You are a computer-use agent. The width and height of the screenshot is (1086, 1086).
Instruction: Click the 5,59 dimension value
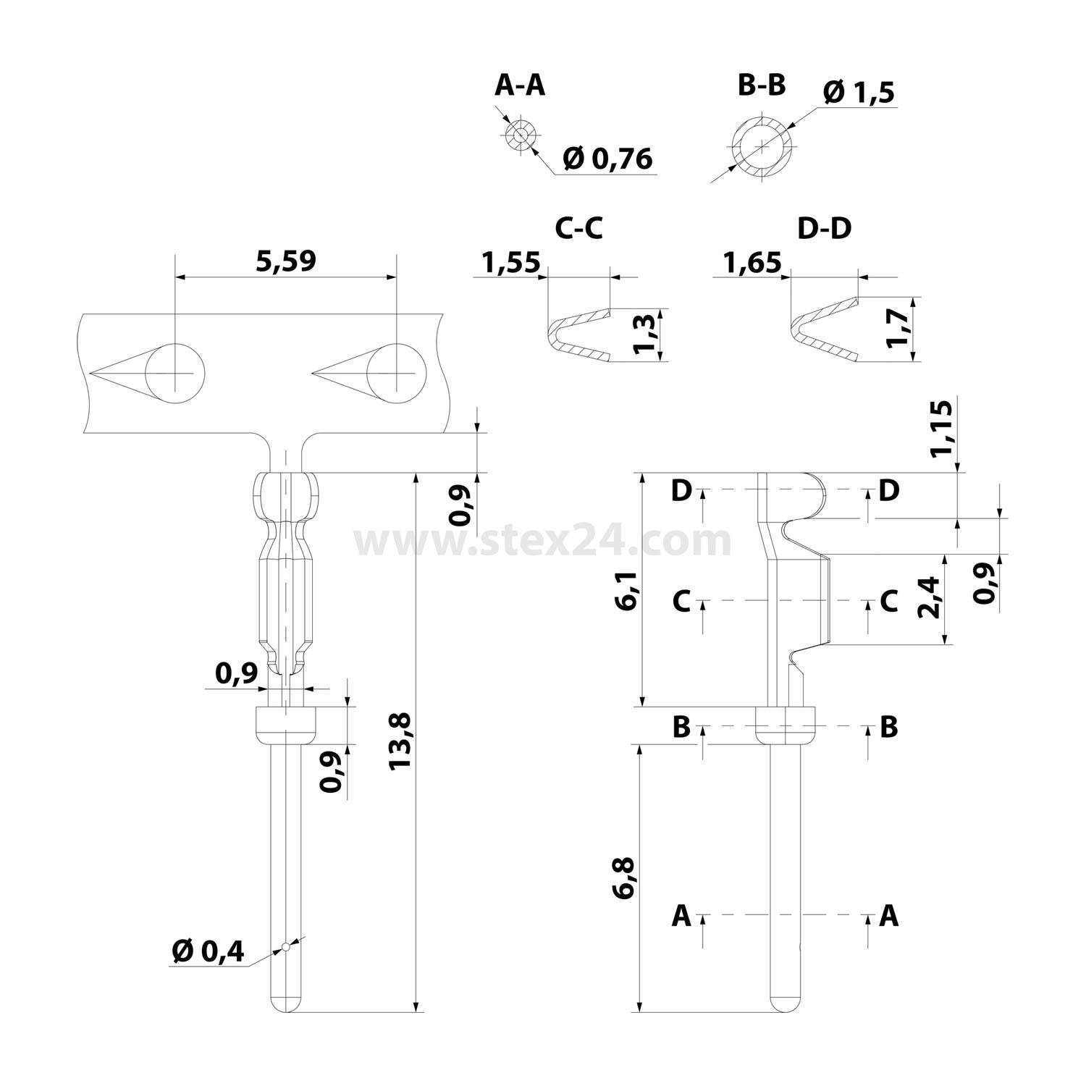(286, 261)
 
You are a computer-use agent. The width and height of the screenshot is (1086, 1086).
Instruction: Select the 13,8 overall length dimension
(400, 741)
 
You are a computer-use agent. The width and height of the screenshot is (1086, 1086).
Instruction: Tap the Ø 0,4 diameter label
(209, 951)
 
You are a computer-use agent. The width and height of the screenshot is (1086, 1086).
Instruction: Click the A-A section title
(519, 85)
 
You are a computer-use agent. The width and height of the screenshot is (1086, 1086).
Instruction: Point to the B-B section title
(761, 85)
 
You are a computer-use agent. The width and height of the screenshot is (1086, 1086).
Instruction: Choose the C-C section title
(578, 228)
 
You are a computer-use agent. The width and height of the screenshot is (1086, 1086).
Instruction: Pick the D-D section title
(824, 228)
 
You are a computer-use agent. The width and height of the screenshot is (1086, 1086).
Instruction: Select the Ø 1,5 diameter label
(859, 93)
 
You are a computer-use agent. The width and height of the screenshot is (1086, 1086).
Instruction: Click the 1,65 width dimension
(752, 262)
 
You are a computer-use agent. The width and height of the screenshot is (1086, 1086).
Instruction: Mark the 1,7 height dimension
(898, 329)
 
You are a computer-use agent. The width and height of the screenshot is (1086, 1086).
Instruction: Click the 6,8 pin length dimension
(624, 877)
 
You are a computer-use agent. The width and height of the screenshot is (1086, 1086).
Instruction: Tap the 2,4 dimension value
(928, 598)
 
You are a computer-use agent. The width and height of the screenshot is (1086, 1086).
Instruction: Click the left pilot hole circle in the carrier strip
(175, 373)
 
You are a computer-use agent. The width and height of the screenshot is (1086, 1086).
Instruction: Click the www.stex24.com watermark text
(542, 542)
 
